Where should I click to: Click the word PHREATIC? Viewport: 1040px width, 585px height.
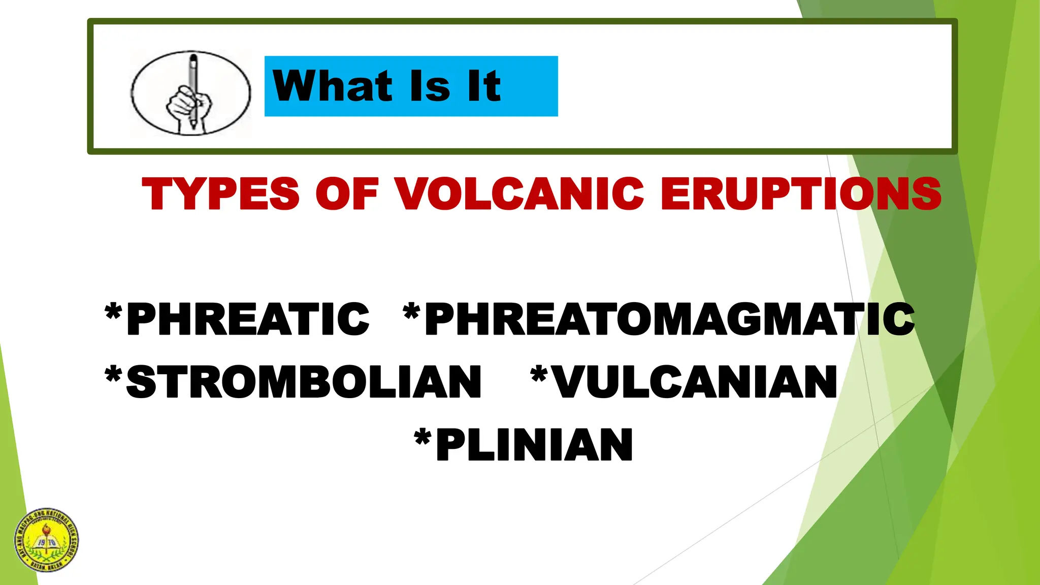(248, 319)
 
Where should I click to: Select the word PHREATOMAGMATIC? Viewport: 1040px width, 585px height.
(669, 319)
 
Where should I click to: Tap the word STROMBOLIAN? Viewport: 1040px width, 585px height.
(303, 382)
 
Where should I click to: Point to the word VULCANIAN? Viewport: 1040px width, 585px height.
(695, 382)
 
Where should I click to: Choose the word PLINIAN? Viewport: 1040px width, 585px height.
(534, 445)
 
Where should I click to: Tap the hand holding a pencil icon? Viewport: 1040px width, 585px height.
(190, 93)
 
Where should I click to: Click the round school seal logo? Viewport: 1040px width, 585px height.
(46, 540)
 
